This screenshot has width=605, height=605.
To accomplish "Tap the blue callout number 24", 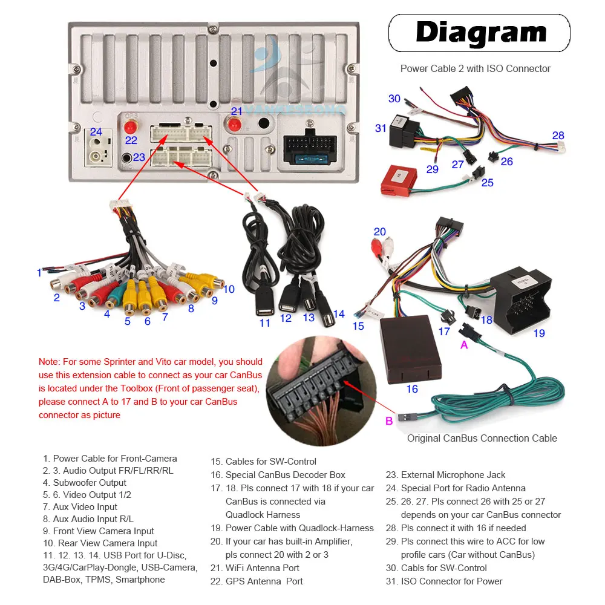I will click(x=96, y=131).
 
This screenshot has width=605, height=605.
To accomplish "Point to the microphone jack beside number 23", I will click(x=126, y=159).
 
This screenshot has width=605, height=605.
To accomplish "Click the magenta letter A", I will click(x=464, y=345).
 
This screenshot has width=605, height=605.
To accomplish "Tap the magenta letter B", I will click(x=389, y=421).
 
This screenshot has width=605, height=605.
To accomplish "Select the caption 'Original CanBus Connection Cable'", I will click(x=482, y=438).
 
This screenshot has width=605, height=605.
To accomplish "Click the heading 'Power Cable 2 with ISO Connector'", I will click(x=476, y=68).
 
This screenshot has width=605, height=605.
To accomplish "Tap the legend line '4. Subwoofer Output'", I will click(x=85, y=483).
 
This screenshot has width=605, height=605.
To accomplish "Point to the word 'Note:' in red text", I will click(x=49, y=362).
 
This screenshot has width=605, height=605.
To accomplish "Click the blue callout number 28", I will click(x=558, y=136).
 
